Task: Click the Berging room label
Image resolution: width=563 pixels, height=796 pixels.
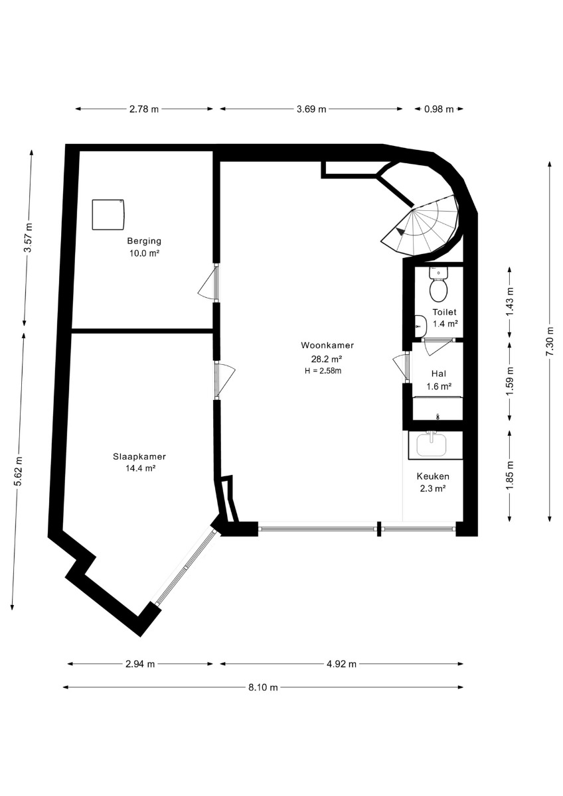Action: coord(144,241)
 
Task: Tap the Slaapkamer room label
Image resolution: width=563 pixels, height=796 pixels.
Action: coord(139,457)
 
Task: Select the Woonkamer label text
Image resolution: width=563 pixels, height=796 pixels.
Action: coord(327,345)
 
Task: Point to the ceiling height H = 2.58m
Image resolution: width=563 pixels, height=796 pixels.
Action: coord(323,371)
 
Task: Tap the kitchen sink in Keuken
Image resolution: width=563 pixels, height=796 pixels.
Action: coord(432,444)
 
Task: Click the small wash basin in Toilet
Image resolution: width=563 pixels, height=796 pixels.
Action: coord(420,326)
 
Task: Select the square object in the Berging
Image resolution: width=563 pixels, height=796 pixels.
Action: coord(108,214)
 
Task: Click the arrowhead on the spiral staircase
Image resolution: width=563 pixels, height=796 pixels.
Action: coord(400,232)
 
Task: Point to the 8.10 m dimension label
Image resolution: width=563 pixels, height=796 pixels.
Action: coord(263,687)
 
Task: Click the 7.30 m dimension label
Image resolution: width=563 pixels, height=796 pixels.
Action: coord(550,341)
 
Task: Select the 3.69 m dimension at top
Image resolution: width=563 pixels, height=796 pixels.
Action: coord(311,109)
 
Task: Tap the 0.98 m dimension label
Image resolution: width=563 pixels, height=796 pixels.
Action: coord(439,109)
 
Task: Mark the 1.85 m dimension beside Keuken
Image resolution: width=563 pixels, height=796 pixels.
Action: coord(510,475)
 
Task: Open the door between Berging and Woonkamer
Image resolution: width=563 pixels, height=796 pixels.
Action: coord(208,283)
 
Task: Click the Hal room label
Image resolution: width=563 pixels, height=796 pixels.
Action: coord(439,373)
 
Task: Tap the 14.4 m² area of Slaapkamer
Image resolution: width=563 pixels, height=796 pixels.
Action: coord(141,468)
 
